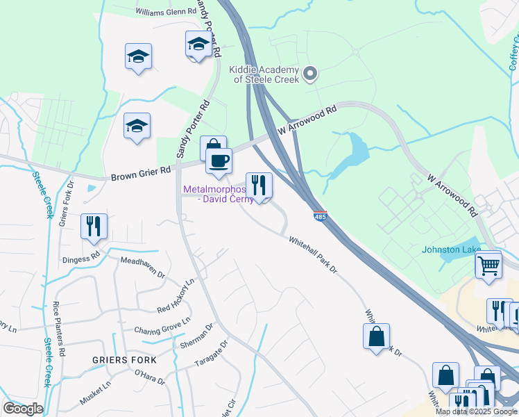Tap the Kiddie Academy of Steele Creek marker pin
(311, 72)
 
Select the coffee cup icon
(219, 161)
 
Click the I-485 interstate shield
(320, 217)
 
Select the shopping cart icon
(488, 264)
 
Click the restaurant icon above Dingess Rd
(94, 227)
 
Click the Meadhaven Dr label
(142, 268)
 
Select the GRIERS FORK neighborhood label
(124, 360)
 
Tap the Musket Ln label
(97, 393)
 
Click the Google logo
(23, 409)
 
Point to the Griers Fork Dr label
(66, 204)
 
